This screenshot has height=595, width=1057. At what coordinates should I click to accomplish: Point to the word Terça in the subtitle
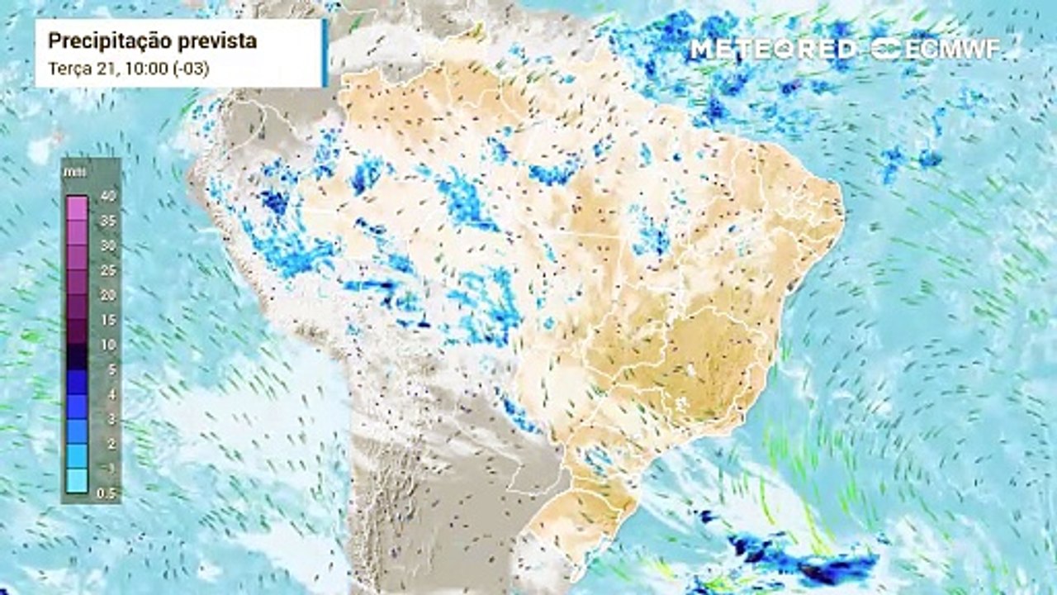click(x=69, y=69)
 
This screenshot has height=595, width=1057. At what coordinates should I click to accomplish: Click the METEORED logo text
click(x=773, y=49)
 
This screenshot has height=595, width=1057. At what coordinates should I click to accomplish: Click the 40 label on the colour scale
click(x=106, y=196)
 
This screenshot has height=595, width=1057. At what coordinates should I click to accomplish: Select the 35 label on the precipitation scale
click(x=106, y=221)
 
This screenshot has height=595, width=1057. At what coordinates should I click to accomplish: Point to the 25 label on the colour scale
click(x=106, y=270)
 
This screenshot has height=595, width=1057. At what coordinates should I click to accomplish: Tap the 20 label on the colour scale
click(x=106, y=295)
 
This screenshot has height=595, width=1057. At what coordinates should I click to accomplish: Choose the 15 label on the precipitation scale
click(x=106, y=320)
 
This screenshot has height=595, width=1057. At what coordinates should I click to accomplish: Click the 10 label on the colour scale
click(x=106, y=345)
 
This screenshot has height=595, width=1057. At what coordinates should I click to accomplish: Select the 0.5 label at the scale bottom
click(x=106, y=493)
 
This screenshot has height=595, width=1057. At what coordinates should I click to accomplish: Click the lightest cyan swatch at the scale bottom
click(x=76, y=481)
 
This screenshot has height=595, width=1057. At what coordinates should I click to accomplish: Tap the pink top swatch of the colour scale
click(x=76, y=207)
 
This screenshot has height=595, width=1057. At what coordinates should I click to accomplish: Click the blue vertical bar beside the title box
click(x=325, y=53)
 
